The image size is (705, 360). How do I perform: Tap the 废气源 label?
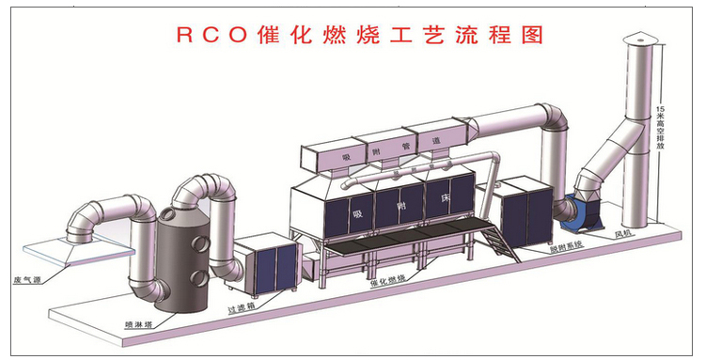pyautogui.click(x=25, y=280)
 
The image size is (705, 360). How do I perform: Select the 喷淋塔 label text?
pyautogui.click(x=140, y=322)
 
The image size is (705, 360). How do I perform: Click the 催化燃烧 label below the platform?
pyautogui.click(x=388, y=281)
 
